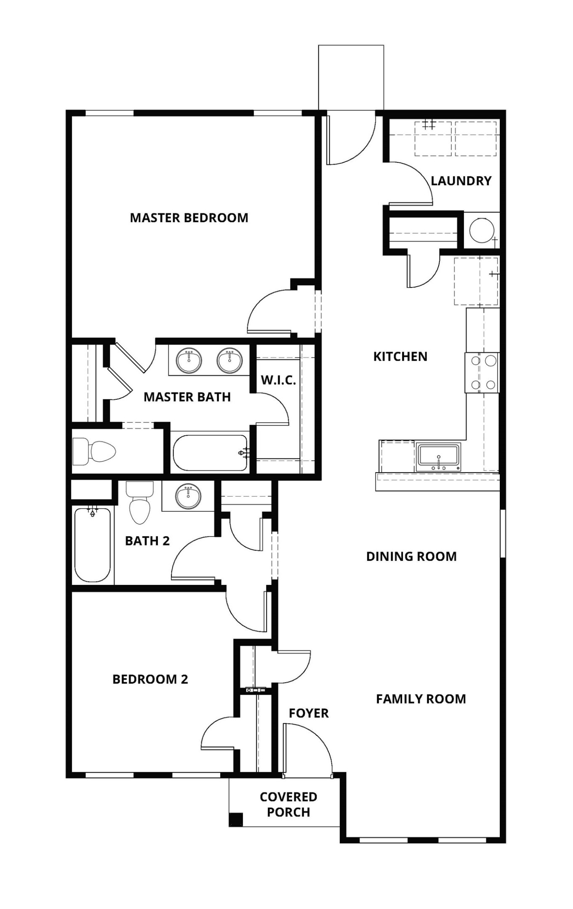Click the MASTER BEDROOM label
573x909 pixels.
189,218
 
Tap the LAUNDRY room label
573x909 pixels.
461,181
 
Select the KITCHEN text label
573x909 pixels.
400,356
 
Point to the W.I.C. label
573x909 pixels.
278,380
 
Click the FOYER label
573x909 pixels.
308,713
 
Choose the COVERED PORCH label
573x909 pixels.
288,804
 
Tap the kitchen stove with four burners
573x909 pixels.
482,373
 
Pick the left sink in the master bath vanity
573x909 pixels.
189,361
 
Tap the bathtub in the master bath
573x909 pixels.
210,453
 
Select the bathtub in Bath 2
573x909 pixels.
93,545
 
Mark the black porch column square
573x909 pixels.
236,819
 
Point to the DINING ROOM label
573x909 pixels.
411,556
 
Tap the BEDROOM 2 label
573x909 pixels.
150,679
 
